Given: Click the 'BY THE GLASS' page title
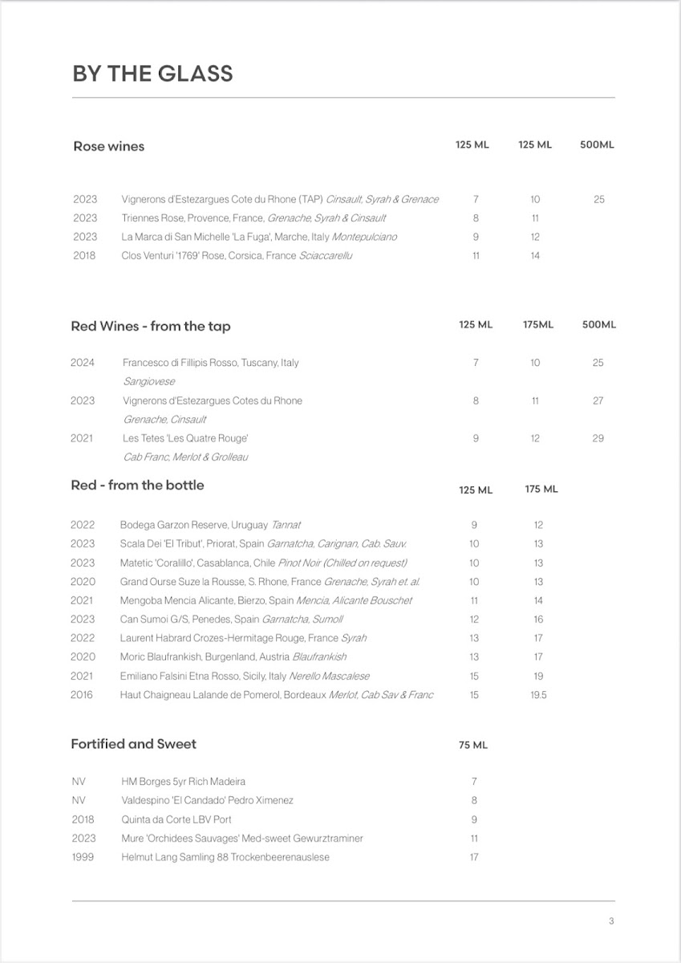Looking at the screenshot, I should pos(152,74).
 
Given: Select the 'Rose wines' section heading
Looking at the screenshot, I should pos(108,146).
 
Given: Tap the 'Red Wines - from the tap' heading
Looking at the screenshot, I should pos(151,326).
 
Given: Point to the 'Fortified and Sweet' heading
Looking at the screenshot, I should pos(133,744).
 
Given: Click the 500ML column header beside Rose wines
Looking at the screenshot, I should pos(597,145).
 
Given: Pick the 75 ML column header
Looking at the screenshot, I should pos(473,746).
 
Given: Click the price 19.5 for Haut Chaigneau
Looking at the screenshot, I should pos(538,695).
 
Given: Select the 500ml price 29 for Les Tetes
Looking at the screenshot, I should pos(598,438).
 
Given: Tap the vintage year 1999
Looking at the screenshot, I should pos(83,857).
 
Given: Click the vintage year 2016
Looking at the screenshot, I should pos(82,695).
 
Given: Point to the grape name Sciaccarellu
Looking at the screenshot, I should pos(326,256).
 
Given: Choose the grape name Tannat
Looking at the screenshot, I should pos(286,526).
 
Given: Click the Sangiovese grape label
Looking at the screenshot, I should pos(148,382).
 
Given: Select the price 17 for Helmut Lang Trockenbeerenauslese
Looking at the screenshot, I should pos(474,857).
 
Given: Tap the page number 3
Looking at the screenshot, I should pos(611,921).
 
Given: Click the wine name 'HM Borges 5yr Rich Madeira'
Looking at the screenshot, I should pos(183,782).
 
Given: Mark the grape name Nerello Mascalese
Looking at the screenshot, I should pos(330,677).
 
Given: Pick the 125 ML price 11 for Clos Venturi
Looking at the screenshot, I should pos(476,256).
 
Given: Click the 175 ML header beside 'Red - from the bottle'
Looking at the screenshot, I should pos(541,490).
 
